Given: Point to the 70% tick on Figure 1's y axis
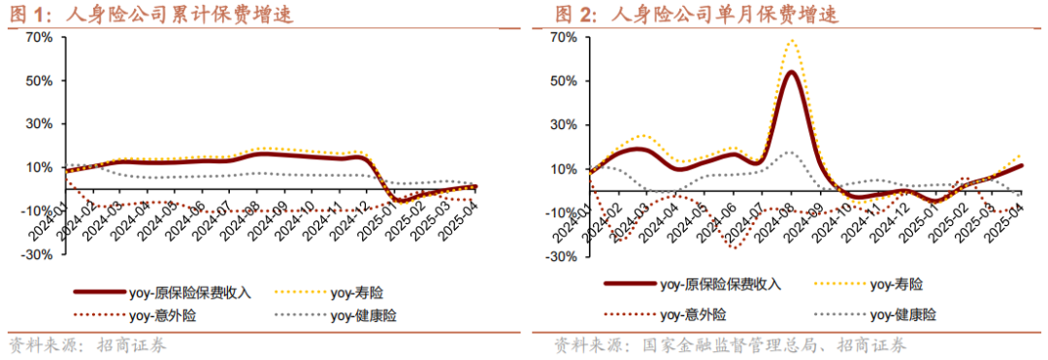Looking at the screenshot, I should tap(38, 38).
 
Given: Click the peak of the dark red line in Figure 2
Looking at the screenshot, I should tap(791, 72).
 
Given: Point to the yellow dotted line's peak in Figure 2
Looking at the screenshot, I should tap(792, 41).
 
